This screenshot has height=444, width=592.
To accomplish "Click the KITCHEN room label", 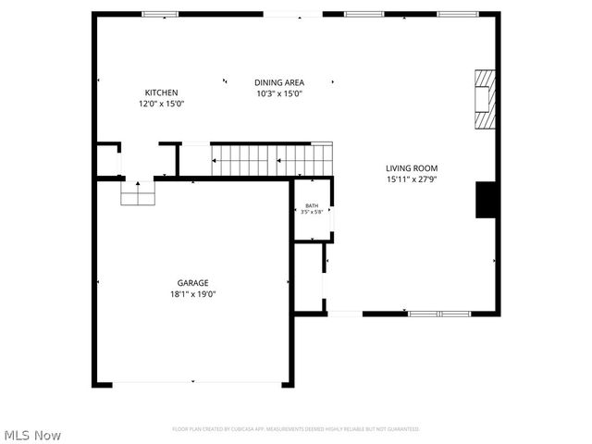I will pyautogui.click(x=161, y=92).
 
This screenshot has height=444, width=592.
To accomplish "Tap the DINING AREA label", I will pyautogui.click(x=279, y=82).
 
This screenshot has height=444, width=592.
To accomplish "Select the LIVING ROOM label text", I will pyautogui.click(x=411, y=168).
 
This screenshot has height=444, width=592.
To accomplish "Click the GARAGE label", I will pyautogui.click(x=192, y=283).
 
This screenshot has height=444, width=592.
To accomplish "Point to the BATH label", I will pyautogui.click(x=312, y=205).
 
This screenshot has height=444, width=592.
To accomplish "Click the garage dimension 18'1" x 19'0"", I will pyautogui.click(x=192, y=294).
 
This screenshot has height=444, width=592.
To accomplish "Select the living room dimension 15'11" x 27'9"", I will pyautogui.click(x=411, y=179).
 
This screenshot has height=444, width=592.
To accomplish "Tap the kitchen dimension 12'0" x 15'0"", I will pyautogui.click(x=161, y=104).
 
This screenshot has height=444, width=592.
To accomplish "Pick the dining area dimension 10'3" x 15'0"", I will pyautogui.click(x=279, y=93).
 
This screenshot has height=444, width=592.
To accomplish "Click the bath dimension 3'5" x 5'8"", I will pyautogui.click(x=312, y=213).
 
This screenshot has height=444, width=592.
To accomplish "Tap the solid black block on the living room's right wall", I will pyautogui.click(x=487, y=200).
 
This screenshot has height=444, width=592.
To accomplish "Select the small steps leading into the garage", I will pyautogui.click(x=138, y=192).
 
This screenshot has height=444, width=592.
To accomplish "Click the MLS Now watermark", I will pyautogui.click(x=32, y=435).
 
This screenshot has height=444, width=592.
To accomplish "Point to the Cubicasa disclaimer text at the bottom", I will pyautogui.click(x=295, y=429).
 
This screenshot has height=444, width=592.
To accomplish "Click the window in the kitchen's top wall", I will pyautogui.click(x=160, y=14).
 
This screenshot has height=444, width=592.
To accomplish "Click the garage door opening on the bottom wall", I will pyautogui.click(x=192, y=384).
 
